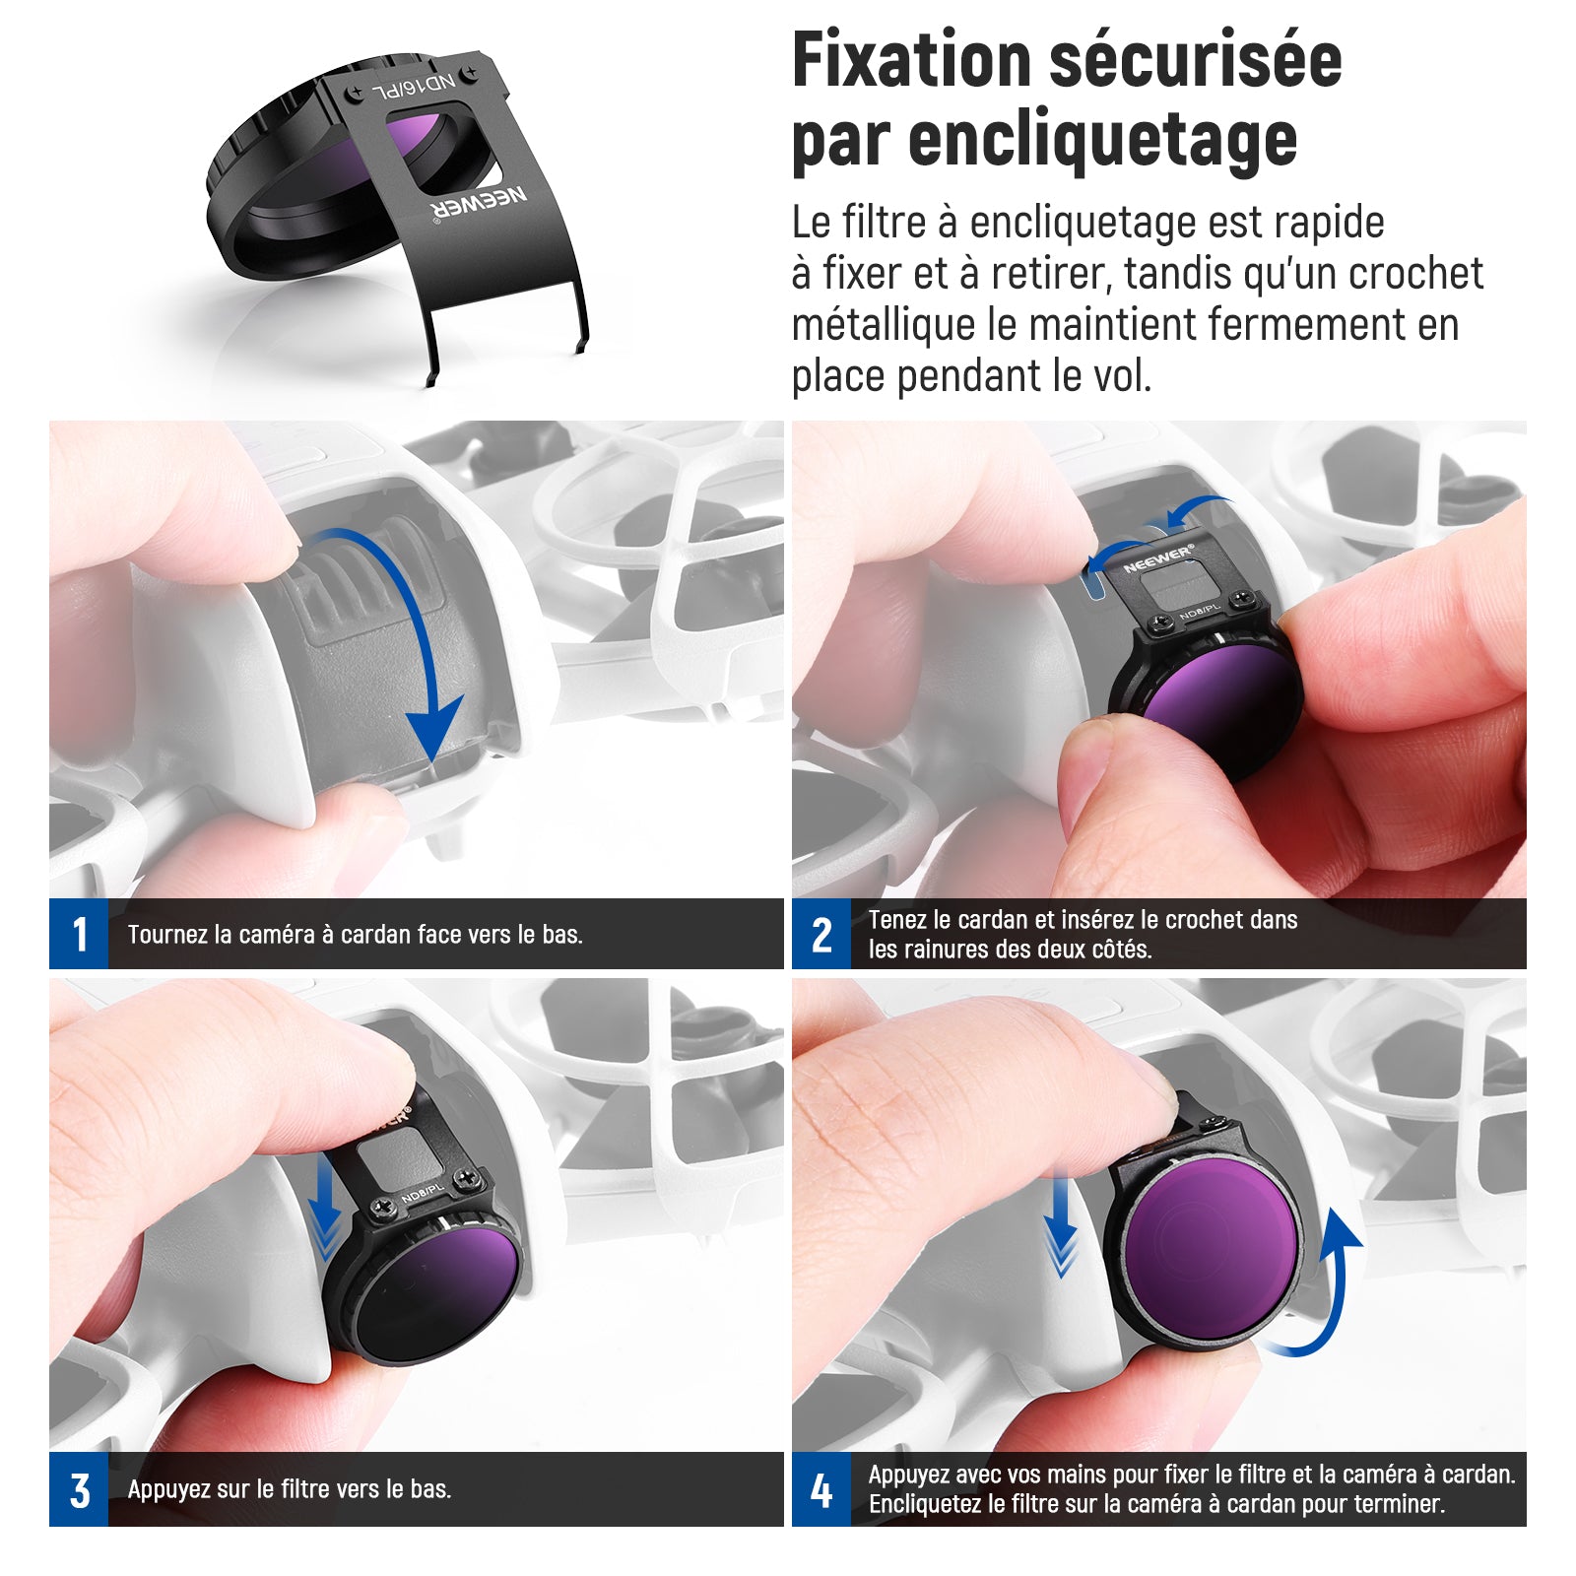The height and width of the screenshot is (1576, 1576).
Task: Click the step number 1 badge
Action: tap(79, 934)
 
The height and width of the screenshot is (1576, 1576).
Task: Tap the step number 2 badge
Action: tap(821, 934)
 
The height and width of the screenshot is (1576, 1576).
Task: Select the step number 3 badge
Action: tap(79, 1489)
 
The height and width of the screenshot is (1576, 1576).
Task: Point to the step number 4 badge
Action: tap(821, 1489)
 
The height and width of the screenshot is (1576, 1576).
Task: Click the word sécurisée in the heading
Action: tap(1195, 61)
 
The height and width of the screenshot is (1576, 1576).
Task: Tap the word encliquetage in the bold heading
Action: tap(1103, 141)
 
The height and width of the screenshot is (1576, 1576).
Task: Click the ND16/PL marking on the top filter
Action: tap(414, 88)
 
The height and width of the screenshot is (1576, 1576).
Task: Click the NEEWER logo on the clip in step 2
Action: tap(1158, 558)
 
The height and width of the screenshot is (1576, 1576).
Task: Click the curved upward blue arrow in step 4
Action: tap(1325, 1290)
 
